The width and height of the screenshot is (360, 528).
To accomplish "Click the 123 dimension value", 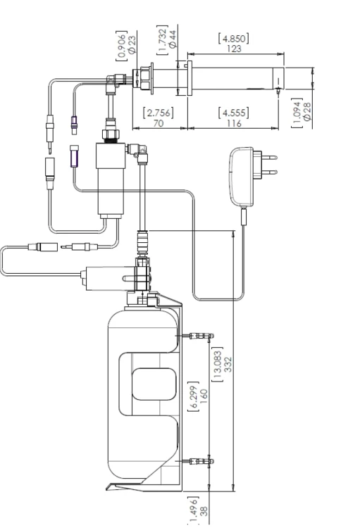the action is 234,49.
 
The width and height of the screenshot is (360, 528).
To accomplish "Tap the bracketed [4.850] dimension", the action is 234,39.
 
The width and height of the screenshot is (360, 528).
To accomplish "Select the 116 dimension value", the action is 234,124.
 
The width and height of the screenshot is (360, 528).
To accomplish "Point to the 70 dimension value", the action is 158,123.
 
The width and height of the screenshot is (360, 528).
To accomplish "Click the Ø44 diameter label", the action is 173,39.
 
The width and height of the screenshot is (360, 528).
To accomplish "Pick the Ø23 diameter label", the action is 132,45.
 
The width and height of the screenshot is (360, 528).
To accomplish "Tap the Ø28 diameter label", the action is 306,112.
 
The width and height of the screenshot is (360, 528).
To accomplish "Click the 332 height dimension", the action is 228,365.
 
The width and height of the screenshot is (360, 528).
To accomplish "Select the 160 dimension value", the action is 204,397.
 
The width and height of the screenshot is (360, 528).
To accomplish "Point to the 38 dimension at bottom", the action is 204,512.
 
